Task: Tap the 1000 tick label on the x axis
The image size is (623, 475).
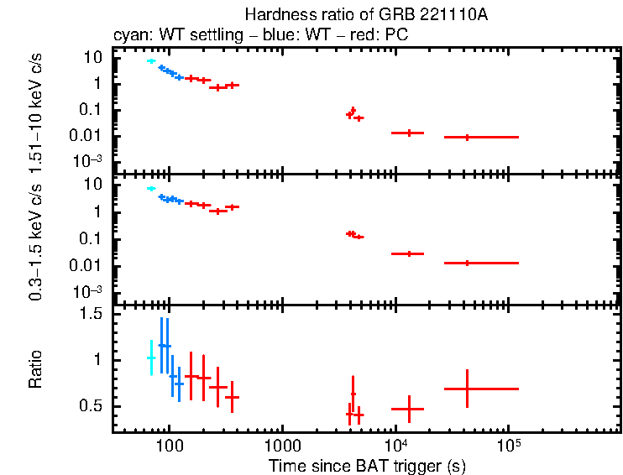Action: pos(281,446)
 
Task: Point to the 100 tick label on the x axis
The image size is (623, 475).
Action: pos(169,446)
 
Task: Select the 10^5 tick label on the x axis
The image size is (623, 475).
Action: pos(507,444)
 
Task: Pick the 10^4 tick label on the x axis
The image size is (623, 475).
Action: pos(395,444)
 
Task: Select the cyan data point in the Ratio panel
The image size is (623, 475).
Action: pos(151,358)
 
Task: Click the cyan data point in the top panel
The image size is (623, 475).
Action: pos(151,61)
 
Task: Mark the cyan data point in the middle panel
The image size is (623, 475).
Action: pos(151,189)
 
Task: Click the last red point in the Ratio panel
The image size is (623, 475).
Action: pos(468,389)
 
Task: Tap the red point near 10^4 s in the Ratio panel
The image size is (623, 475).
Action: pos(409,409)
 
